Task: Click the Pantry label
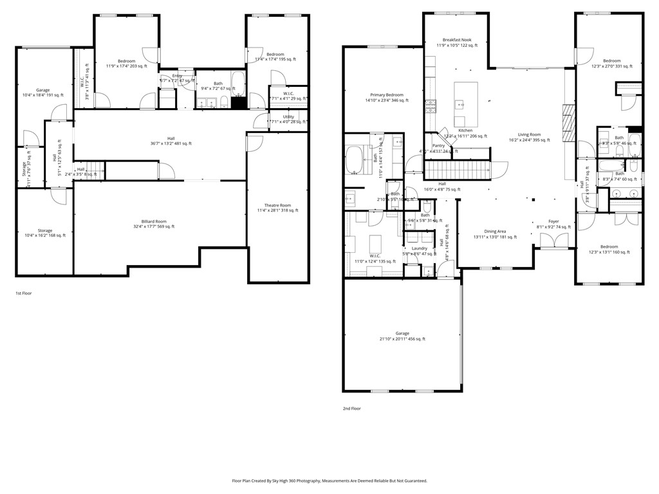point(438,145)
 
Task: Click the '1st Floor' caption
point(24,293)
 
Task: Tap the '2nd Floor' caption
point(351,408)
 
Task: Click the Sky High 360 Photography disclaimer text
point(329,480)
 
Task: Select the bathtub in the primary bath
point(355,160)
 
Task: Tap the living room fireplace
point(567,122)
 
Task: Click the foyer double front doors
point(553,242)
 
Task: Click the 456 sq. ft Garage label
point(402,336)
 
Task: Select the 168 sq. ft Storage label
point(44,233)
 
